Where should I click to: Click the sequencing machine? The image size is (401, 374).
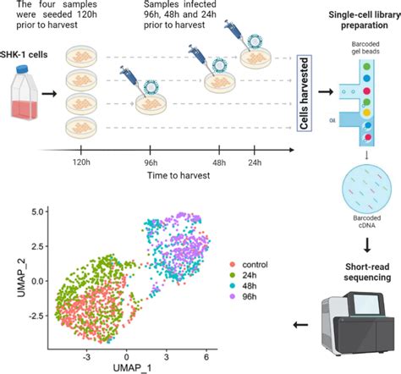coord(351,323)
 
